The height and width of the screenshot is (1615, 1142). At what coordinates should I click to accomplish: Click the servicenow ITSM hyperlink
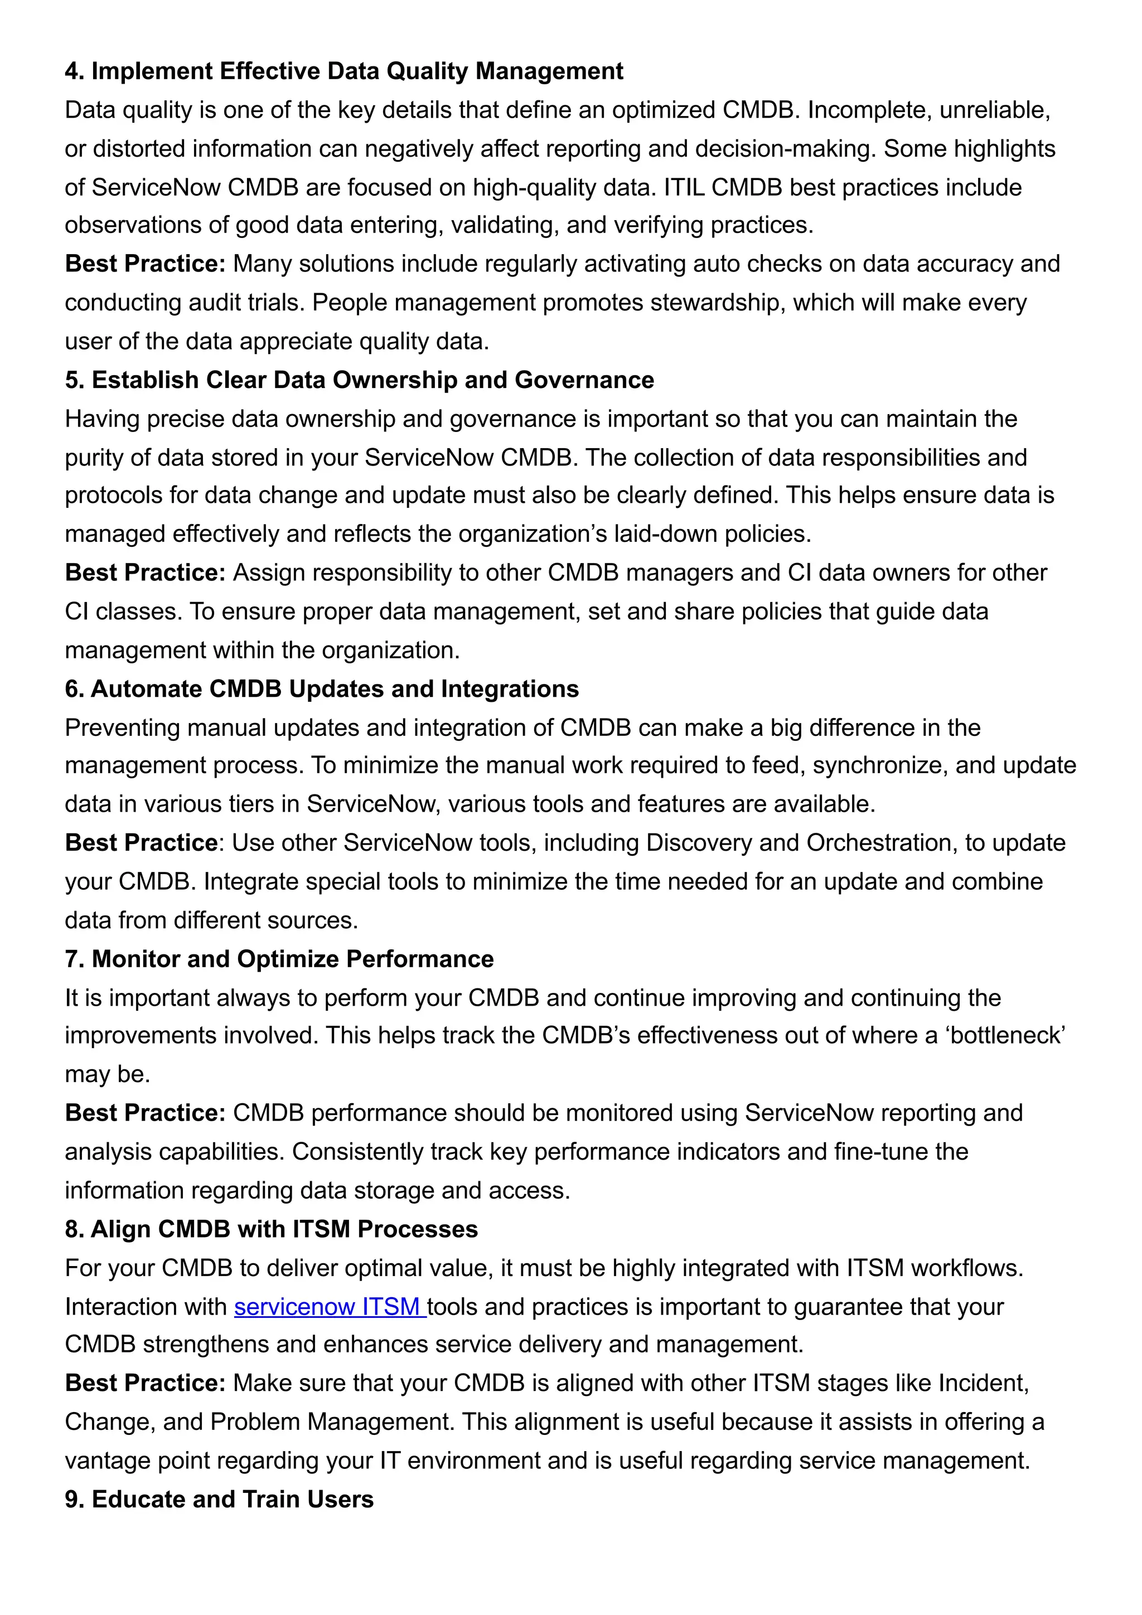click(330, 1306)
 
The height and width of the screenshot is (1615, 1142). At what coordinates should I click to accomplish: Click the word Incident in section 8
click(983, 1383)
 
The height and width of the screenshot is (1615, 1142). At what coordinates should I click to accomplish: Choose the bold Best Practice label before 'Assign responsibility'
click(145, 573)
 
